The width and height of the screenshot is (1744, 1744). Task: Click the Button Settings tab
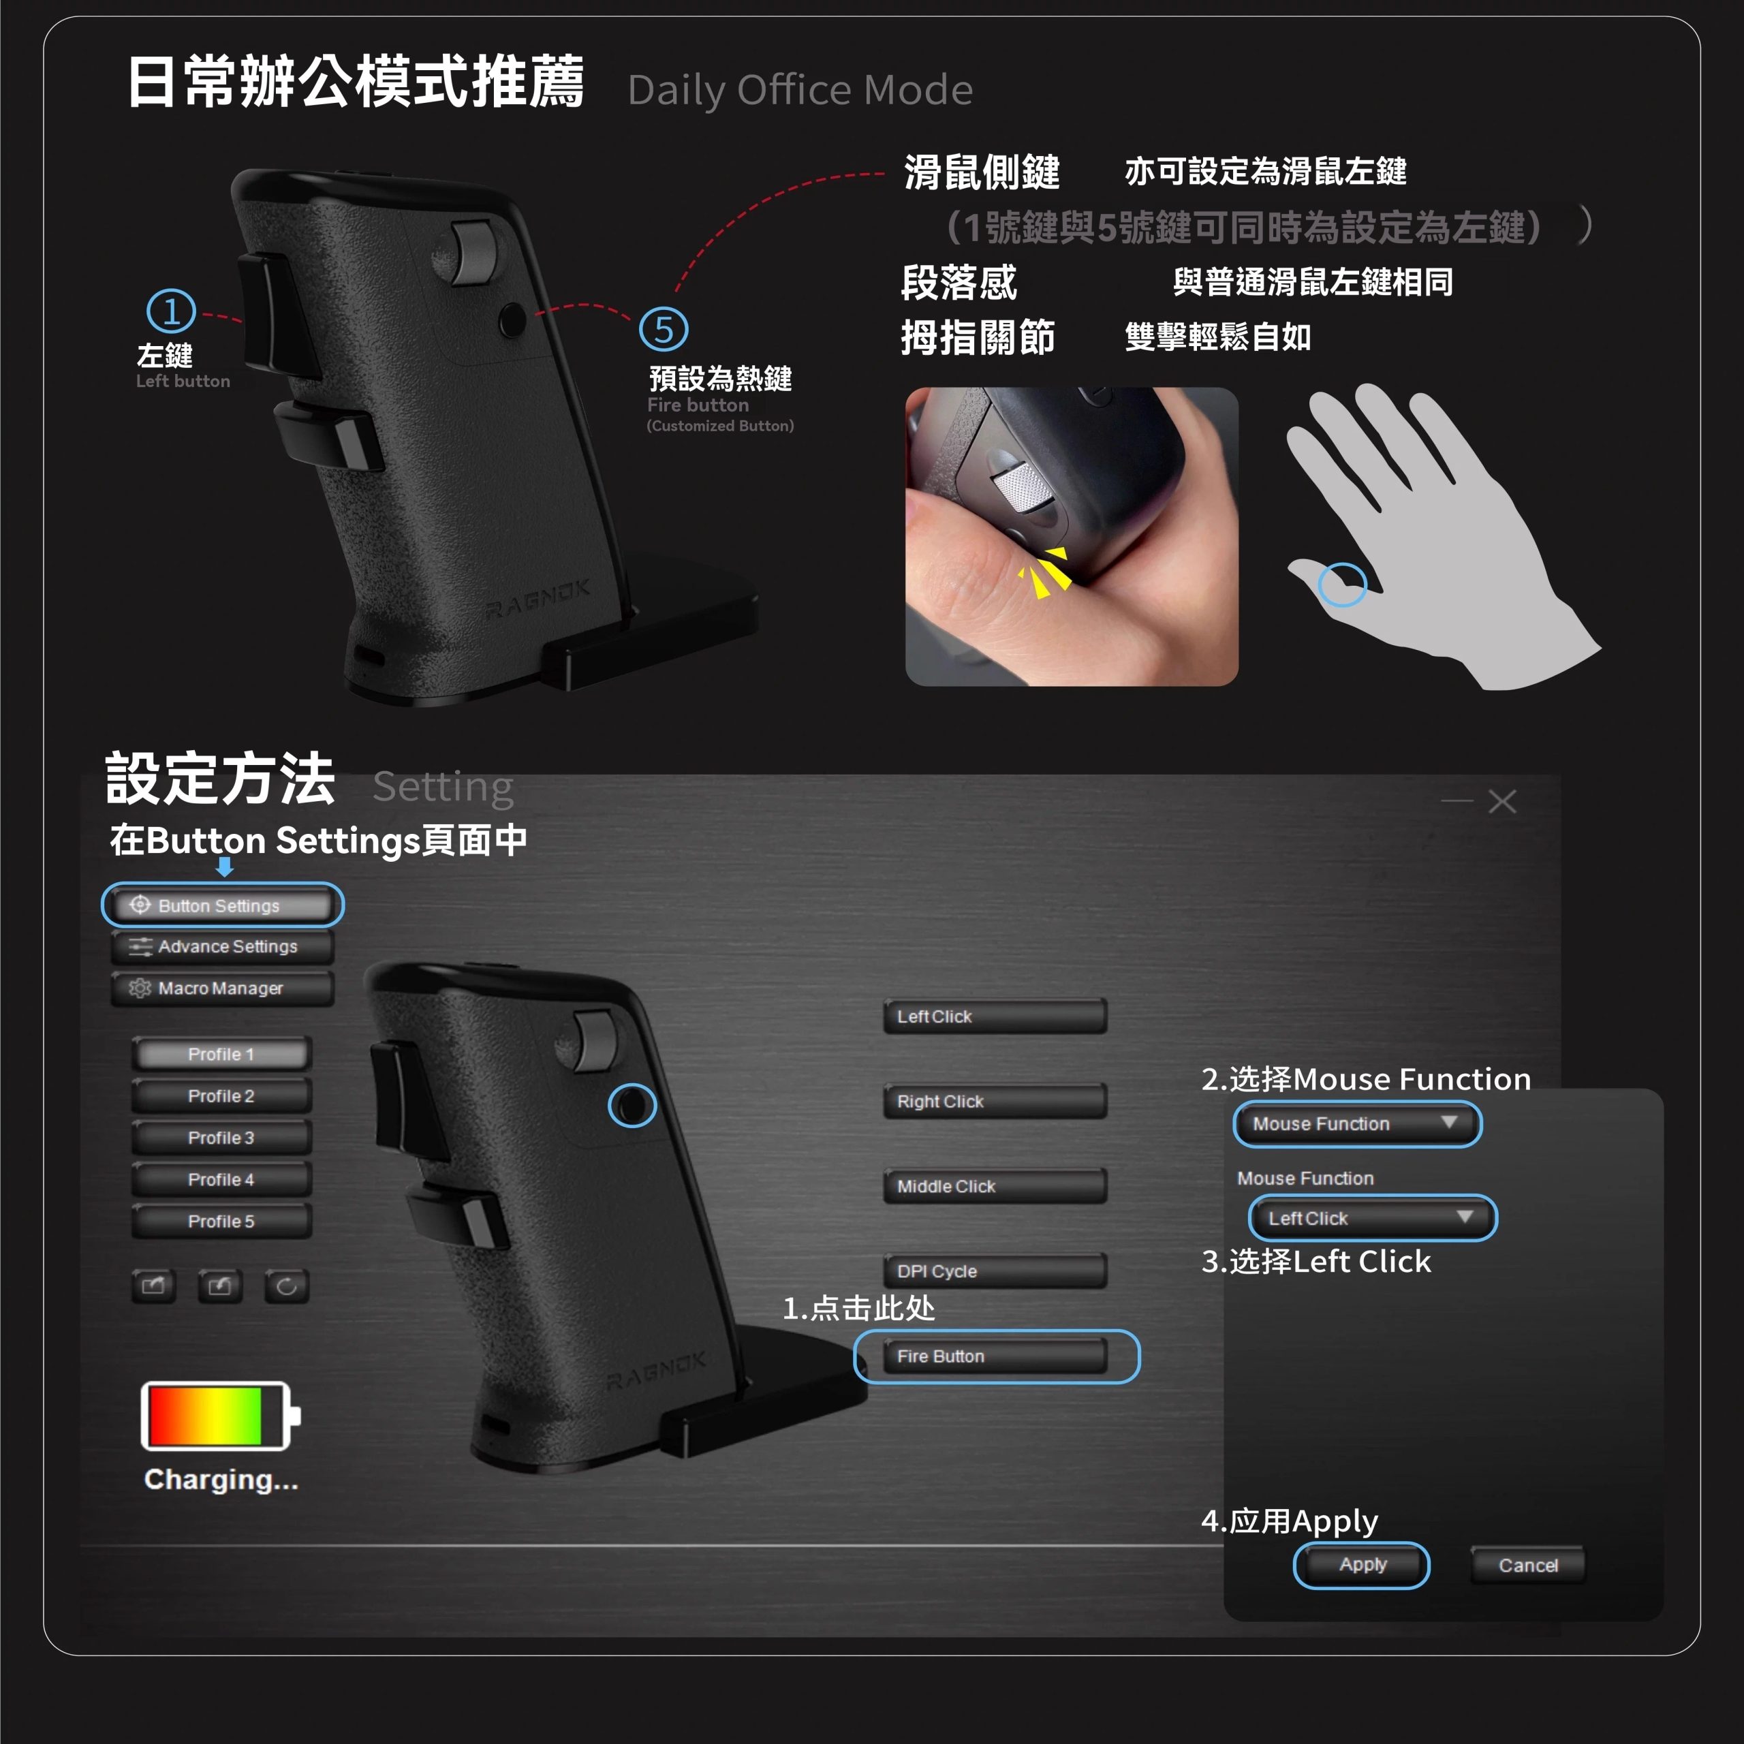222,905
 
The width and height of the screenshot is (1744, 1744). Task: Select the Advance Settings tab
222,946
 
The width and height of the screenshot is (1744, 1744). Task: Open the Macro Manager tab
222,988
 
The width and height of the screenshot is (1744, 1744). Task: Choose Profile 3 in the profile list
221,1138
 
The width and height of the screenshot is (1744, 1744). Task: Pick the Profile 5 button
221,1221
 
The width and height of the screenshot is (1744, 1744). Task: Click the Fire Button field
995,1356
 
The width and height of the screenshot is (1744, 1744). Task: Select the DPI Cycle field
995,1271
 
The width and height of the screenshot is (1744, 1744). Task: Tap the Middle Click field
995,1186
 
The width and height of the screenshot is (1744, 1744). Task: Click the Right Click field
995,1102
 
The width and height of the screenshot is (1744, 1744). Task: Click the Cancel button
1527,1566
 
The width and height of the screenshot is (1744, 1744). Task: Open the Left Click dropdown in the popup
1372,1217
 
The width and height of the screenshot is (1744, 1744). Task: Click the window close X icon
1502,802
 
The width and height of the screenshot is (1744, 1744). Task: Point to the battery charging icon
220,1416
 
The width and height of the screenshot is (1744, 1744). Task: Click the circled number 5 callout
664,330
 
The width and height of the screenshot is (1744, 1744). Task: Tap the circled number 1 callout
170,311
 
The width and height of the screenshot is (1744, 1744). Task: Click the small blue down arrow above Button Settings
225,867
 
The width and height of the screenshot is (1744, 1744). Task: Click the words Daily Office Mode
800,91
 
